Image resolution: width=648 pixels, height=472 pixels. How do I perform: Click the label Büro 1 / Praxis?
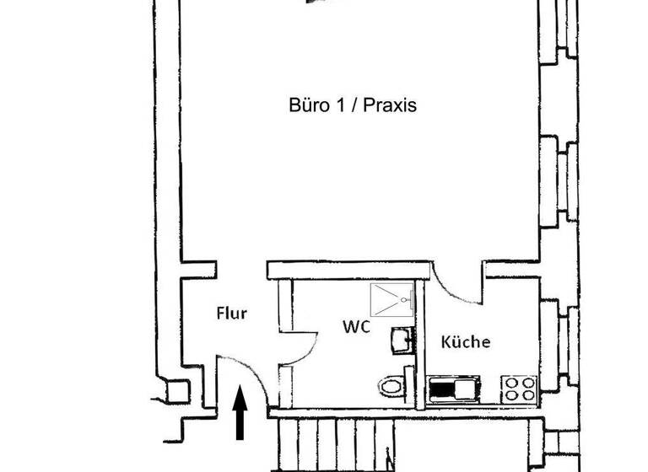352,106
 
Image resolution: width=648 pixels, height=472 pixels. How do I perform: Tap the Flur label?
231,314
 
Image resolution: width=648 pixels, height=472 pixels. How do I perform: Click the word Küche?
466,342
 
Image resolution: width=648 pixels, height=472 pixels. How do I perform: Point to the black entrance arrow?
240,412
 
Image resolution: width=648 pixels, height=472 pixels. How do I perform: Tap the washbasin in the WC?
401,341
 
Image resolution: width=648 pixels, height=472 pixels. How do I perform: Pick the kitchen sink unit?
454,389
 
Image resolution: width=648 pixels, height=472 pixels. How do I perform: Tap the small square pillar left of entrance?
177,392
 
